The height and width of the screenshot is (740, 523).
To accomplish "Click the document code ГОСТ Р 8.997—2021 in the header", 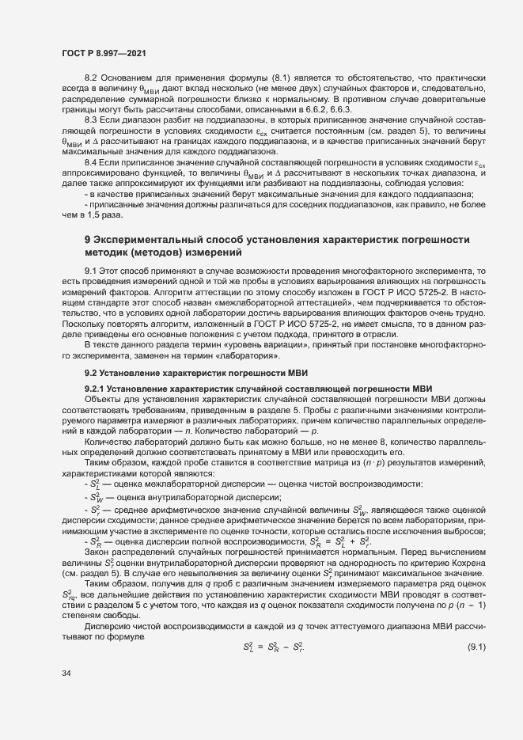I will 103,51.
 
